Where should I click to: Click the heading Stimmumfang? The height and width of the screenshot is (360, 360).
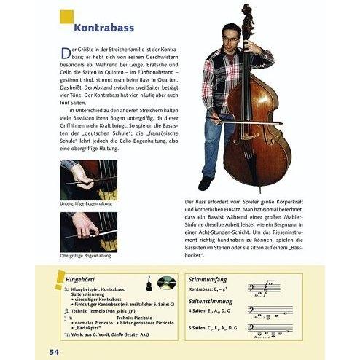208,278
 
